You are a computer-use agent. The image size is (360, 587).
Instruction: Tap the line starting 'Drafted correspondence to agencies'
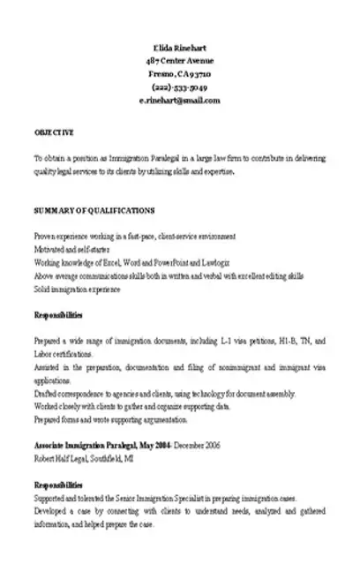click(x=164, y=394)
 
